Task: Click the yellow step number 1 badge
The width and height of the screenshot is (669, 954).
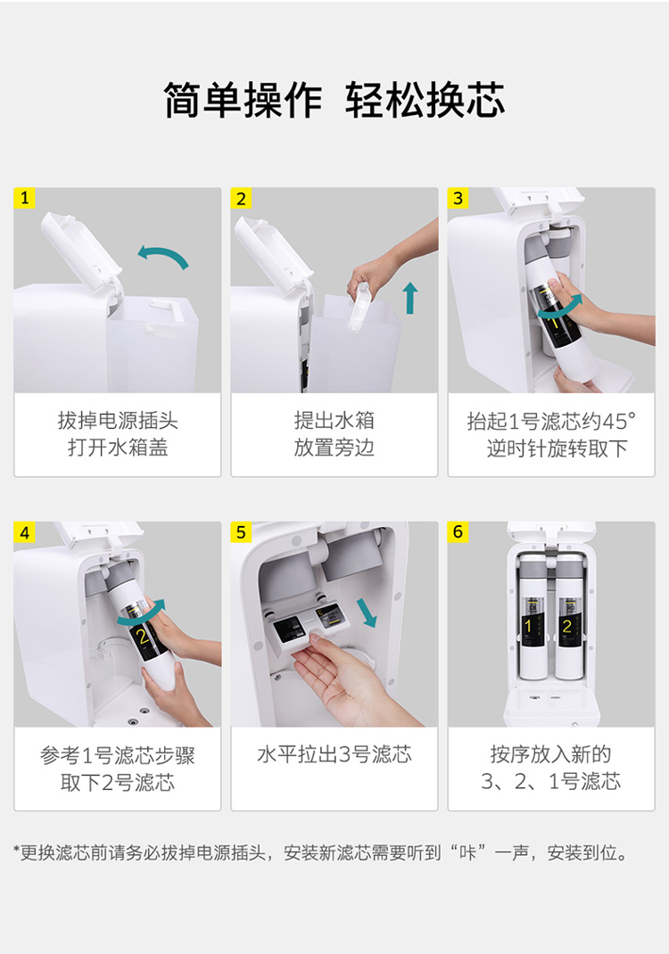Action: tap(24, 198)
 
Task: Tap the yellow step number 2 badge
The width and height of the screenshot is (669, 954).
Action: tap(241, 198)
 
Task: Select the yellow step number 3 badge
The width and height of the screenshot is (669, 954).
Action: tap(458, 198)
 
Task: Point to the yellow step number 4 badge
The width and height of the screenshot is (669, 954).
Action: tap(24, 532)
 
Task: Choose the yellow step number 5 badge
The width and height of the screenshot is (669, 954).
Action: tap(241, 532)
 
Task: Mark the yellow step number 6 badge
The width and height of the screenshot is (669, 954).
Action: tap(458, 532)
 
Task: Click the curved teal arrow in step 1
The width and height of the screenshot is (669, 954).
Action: tap(163, 251)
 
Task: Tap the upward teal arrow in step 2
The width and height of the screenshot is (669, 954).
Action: tap(411, 298)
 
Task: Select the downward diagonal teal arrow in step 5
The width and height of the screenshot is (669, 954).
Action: tap(368, 613)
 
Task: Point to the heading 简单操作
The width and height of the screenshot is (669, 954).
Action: tap(244, 101)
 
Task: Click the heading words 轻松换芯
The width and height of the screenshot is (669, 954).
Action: tap(425, 101)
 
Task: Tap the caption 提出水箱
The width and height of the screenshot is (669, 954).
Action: tap(334, 421)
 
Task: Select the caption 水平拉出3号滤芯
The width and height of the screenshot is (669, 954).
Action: tap(334, 754)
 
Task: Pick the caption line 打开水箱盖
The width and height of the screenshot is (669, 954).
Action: tap(118, 448)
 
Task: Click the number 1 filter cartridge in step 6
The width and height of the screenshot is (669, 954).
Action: tap(533, 617)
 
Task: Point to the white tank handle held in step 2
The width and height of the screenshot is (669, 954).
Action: tap(359, 308)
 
